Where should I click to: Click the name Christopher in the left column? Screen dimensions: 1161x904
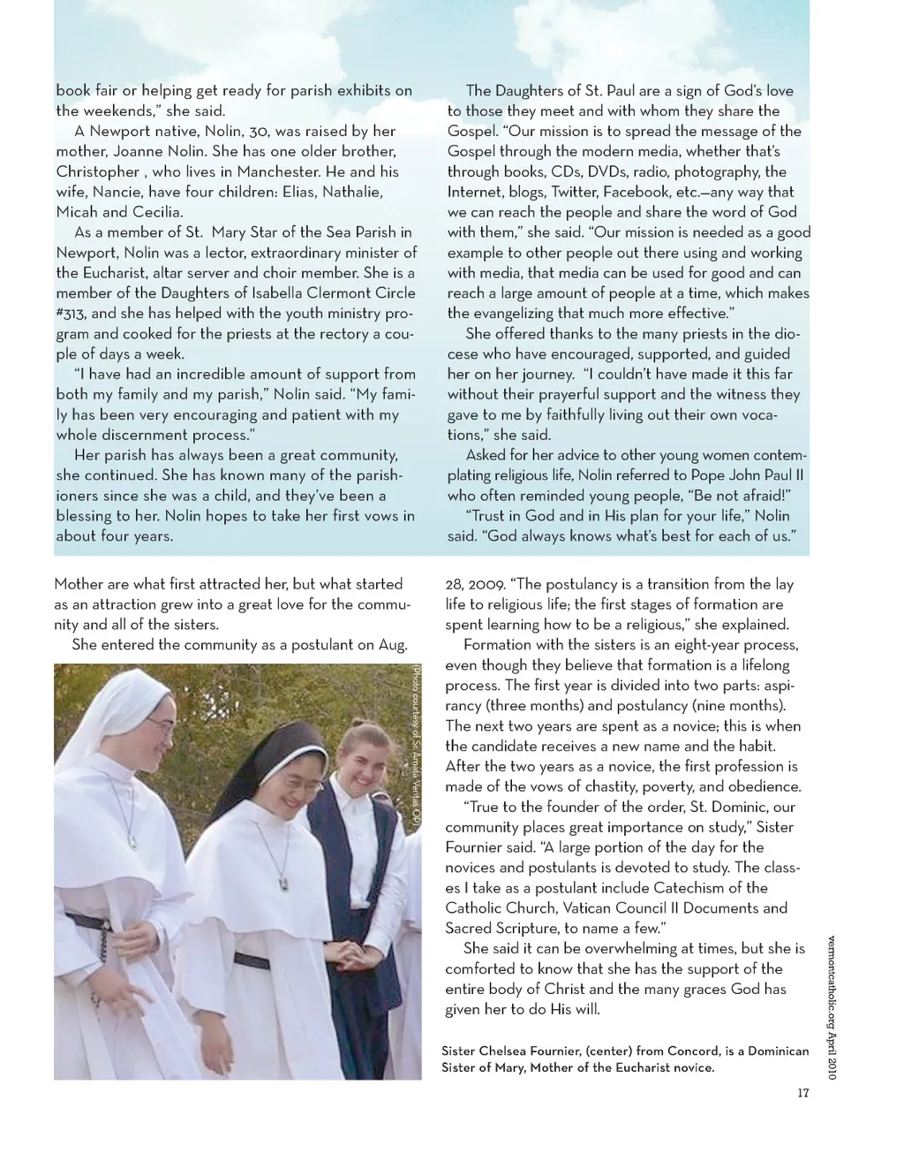tap(98, 171)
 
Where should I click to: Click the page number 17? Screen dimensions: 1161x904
tap(802, 1094)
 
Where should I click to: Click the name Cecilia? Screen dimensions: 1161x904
tap(157, 212)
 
